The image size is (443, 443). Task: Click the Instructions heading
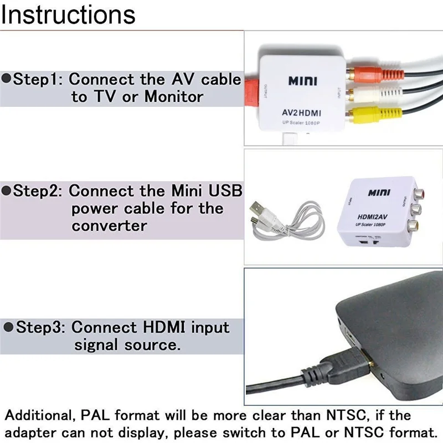click(x=68, y=15)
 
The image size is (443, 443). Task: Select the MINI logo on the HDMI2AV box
click(x=379, y=193)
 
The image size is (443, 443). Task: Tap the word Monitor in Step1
click(x=174, y=97)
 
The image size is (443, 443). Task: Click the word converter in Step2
click(x=109, y=226)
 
